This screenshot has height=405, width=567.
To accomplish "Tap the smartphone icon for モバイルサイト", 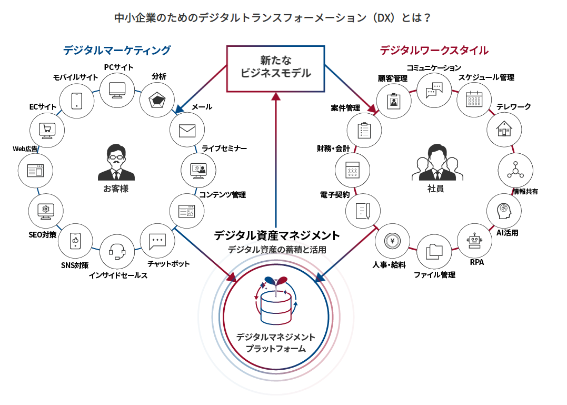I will [76, 100].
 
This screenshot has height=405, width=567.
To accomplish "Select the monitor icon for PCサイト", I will [116, 90].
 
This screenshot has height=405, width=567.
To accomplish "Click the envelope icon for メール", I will [187, 130].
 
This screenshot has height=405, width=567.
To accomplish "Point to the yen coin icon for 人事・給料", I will [392, 241].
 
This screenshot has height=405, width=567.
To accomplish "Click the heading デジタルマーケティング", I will [117, 51].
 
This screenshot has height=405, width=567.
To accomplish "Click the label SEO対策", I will [43, 234].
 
